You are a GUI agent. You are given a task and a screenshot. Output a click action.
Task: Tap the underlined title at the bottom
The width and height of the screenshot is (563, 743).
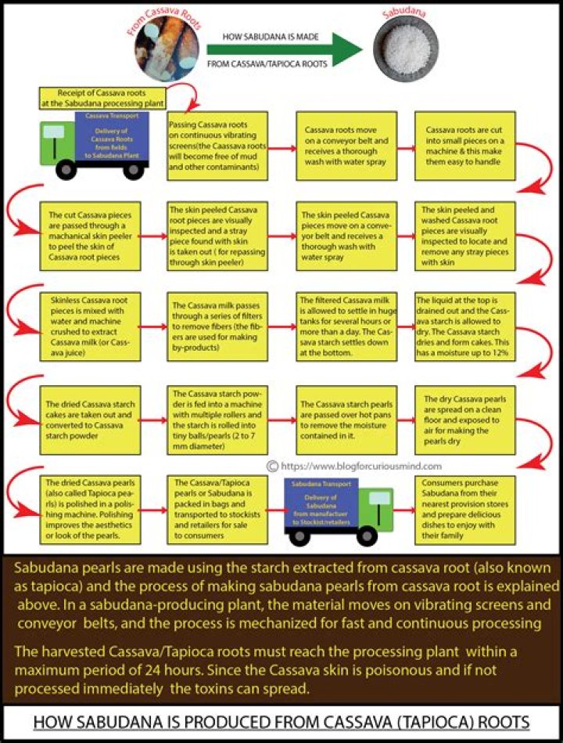[x=281, y=723]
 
